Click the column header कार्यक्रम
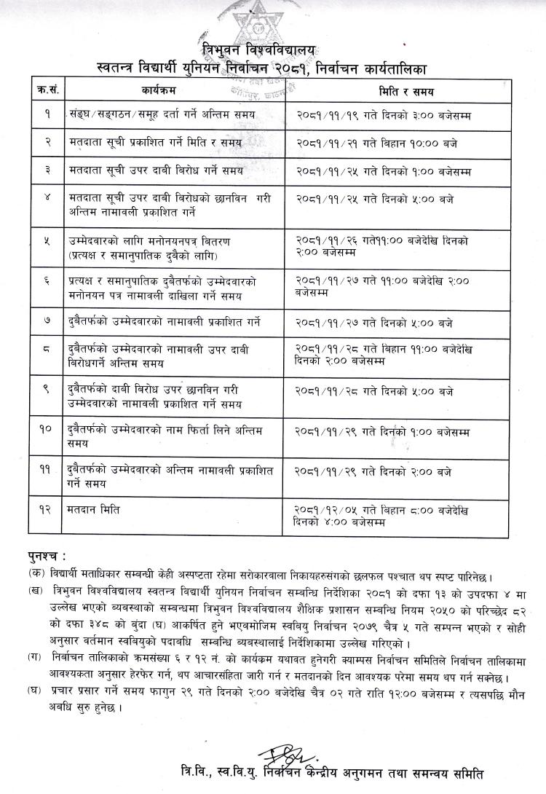(x=159, y=91)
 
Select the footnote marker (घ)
(x=35, y=688)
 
